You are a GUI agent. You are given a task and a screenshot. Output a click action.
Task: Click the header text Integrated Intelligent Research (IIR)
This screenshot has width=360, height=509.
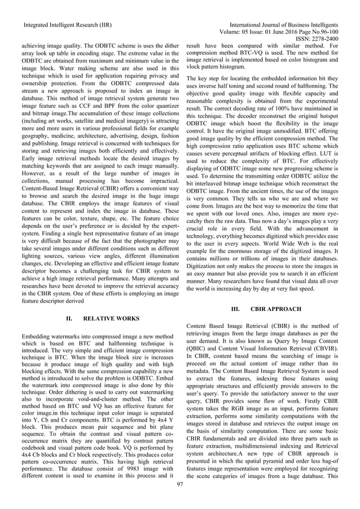pos(67,25)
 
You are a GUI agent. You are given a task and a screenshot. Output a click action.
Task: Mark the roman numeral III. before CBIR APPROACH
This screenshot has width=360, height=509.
pos(237,309)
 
